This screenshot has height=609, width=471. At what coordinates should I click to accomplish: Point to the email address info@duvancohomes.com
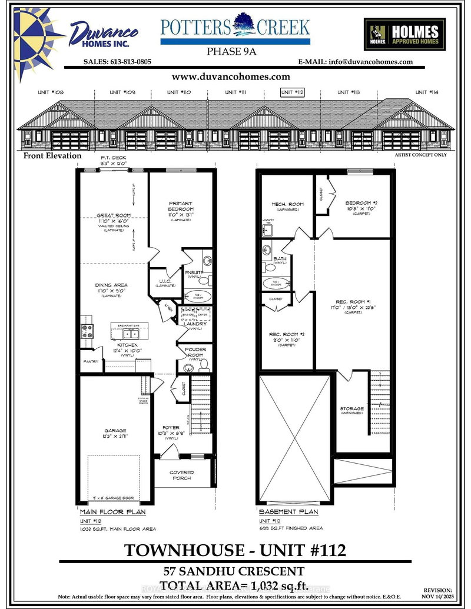(356, 62)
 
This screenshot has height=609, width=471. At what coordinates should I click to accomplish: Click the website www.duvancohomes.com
(231, 76)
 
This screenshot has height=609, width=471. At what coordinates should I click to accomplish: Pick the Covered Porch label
(182, 475)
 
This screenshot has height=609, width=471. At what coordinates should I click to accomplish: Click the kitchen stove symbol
(87, 331)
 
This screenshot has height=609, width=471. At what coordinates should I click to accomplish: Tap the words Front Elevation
(52, 156)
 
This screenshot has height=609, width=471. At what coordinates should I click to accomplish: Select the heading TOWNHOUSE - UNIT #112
(235, 550)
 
